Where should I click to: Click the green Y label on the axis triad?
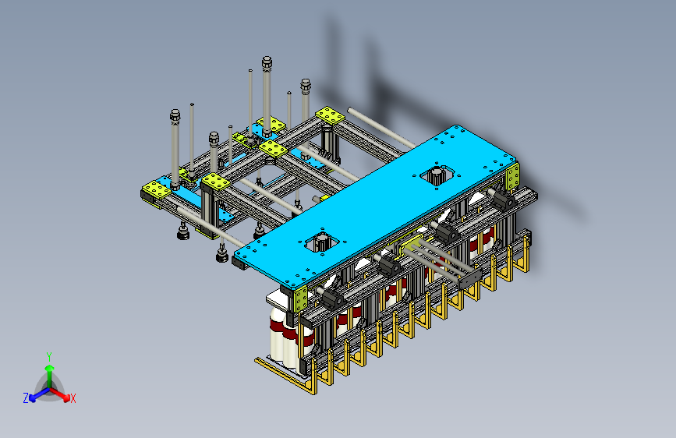(x=49, y=357)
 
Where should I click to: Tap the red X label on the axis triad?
(x=73, y=399)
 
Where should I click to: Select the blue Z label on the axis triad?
(x=26, y=398)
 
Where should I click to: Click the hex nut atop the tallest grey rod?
(x=267, y=62)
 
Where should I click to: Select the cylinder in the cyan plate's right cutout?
(x=437, y=175)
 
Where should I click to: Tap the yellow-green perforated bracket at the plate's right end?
(x=512, y=178)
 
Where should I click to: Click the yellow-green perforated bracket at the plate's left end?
(x=300, y=298)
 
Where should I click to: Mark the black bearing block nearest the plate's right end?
(x=504, y=200)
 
